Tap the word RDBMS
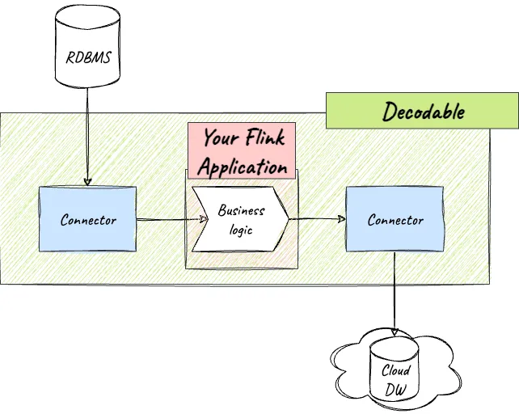point(88,58)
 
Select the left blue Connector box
point(88,219)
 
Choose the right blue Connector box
point(395,219)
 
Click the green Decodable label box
point(421,110)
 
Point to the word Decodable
point(424,111)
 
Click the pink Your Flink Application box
point(243,151)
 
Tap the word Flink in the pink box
point(265,137)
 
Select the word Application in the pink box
point(243,167)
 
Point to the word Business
point(241,211)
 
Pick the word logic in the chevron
point(240,230)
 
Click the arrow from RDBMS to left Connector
point(87,137)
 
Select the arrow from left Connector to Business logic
point(166,218)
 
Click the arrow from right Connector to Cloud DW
point(395,291)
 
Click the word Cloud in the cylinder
point(396,371)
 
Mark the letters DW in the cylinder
point(396,389)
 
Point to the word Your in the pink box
point(220,137)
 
